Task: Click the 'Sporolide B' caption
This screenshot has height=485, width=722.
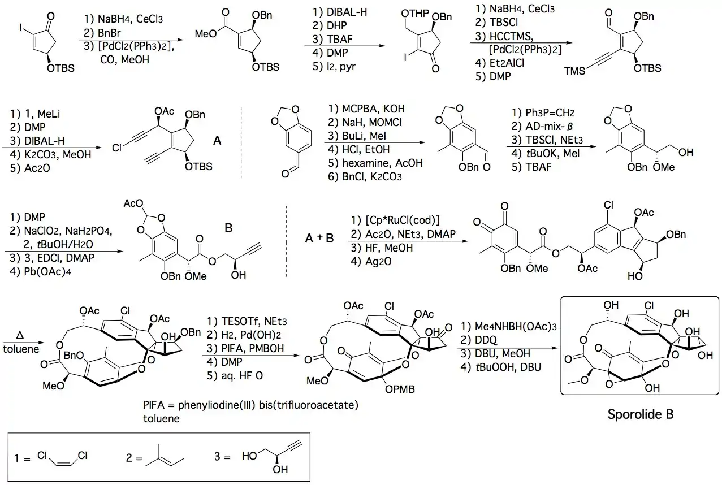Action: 640,414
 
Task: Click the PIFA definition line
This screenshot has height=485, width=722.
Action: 252,406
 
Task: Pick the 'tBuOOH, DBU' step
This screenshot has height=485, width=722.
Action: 498,367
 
